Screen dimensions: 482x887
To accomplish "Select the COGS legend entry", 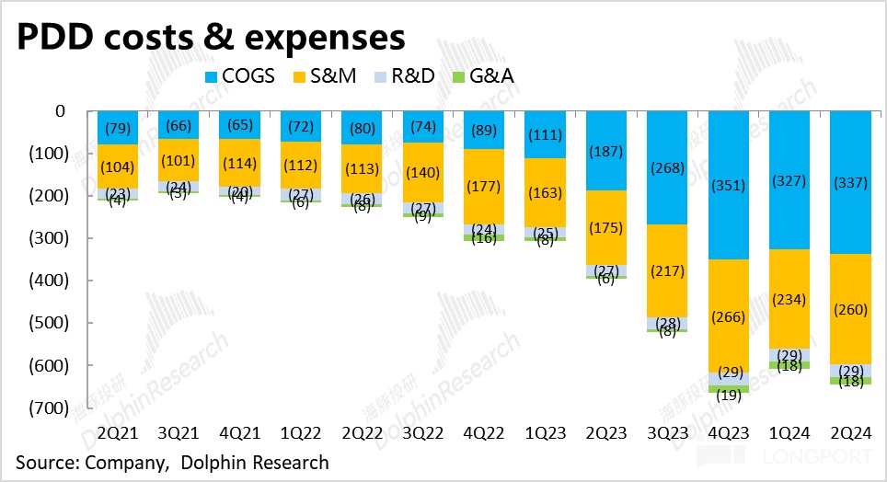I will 238,75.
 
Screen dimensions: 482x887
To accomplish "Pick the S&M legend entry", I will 337,75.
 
